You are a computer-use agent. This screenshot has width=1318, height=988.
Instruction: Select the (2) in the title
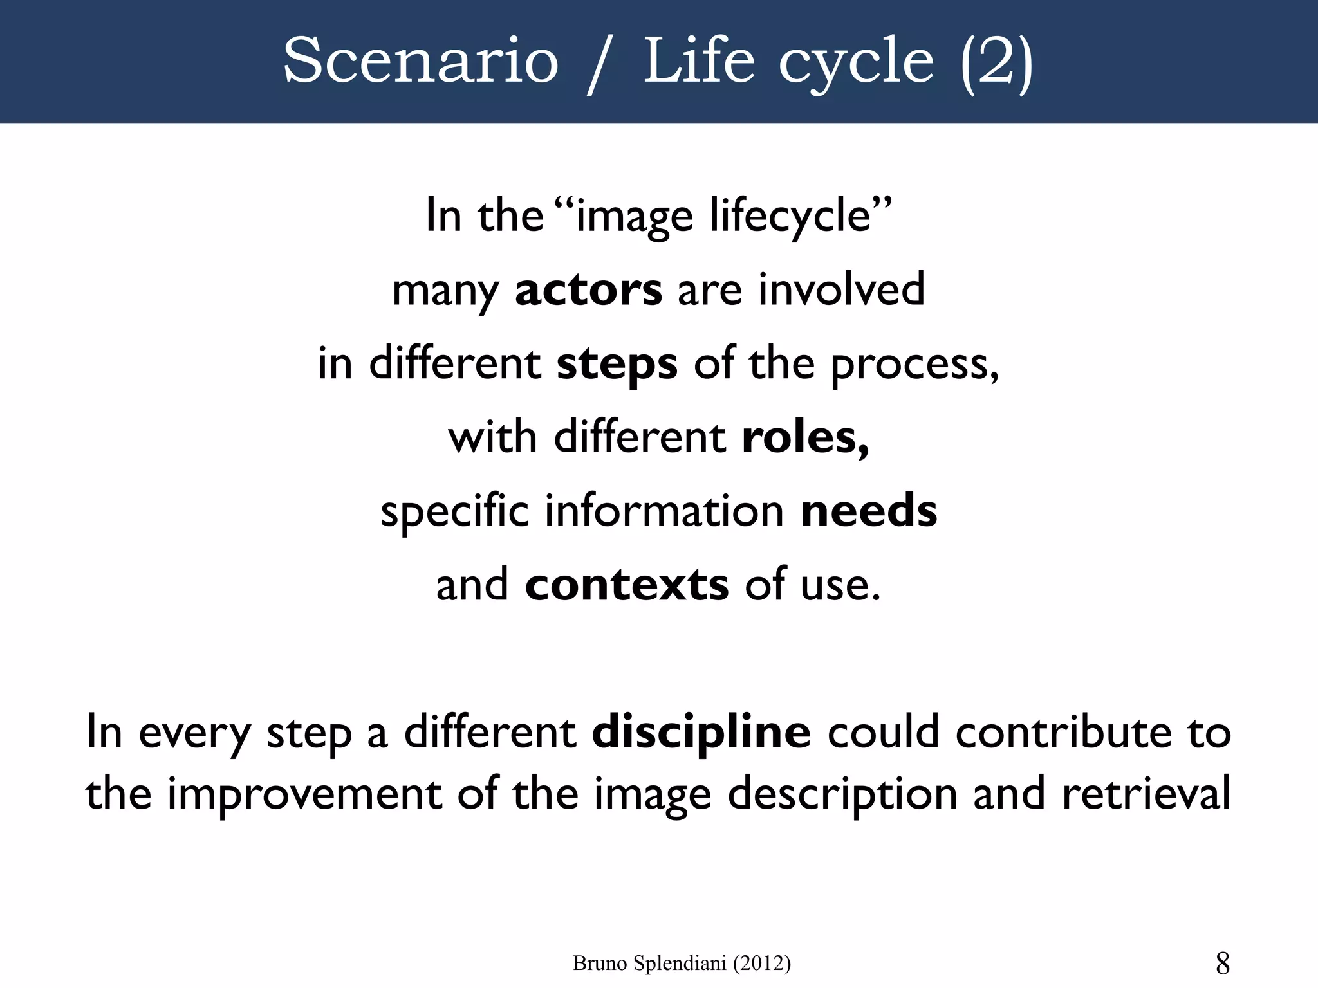coord(996,63)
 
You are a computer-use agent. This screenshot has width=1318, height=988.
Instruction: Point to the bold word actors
coord(588,290)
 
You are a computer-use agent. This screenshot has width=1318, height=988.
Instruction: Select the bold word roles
coord(804,437)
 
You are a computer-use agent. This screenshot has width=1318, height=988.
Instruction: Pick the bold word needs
coord(869,511)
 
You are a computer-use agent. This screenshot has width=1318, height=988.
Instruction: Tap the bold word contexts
coord(627,585)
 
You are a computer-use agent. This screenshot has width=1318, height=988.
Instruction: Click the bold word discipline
coord(701,733)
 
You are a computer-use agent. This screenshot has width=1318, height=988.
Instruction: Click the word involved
coord(841,290)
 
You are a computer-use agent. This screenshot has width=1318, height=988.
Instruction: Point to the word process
coord(914,365)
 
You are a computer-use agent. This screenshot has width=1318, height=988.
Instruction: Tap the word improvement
coord(304,794)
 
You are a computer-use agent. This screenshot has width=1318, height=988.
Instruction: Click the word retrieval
coord(1146,794)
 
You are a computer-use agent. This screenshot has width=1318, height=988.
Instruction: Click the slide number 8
coord(1223,964)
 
